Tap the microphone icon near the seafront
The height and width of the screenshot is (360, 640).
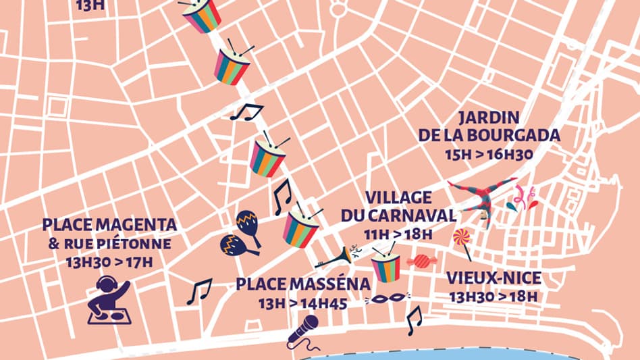pos(302,332)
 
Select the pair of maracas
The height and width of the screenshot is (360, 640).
pos(241,233)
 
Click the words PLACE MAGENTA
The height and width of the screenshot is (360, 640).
pos(109,224)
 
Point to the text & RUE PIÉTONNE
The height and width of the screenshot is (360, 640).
pos(109,243)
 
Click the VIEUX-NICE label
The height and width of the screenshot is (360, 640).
pos(492,277)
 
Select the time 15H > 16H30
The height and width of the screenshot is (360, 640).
pos(489,154)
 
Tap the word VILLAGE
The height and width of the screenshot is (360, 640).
pos(398,197)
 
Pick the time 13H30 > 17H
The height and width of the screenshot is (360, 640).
pos(109,261)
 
